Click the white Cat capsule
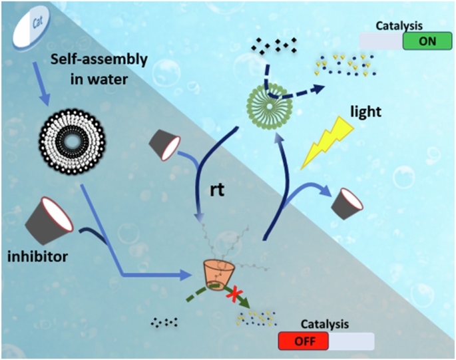tap(31, 27)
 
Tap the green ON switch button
tap(427, 41)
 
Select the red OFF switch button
tap(304, 341)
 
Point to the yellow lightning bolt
tap(327, 142)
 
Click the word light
tap(365, 111)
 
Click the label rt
tap(217, 190)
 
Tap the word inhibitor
tap(37, 256)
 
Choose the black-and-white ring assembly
tap(73, 142)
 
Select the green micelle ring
tap(270, 106)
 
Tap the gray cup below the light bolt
tap(347, 204)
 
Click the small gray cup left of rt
tap(164, 144)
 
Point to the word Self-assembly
tap(99, 60)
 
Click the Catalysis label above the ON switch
tap(399, 26)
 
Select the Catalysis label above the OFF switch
tap(325, 324)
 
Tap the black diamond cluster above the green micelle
tap(274, 45)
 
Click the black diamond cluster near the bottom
tap(164, 322)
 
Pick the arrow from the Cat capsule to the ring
tap(41, 84)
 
